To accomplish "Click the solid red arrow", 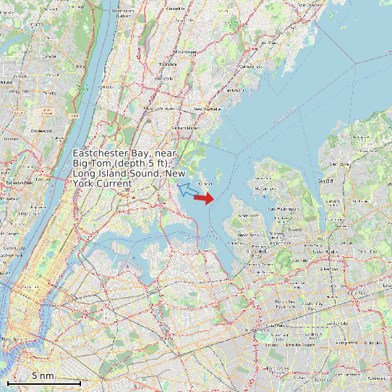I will click(x=204, y=197).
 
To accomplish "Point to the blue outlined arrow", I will click(x=187, y=190).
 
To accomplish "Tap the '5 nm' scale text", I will click(x=43, y=376).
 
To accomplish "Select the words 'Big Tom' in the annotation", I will click(x=89, y=163).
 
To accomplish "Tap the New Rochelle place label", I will click(x=207, y=110).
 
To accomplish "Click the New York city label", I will click(x=10, y=339).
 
